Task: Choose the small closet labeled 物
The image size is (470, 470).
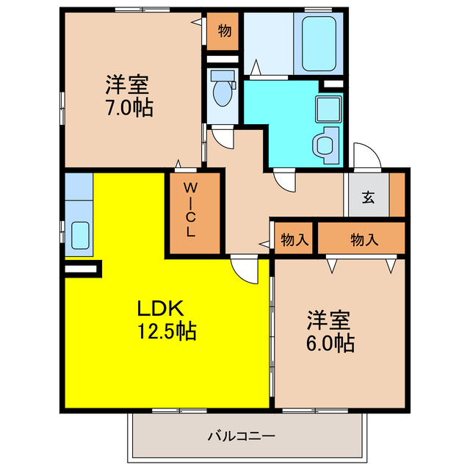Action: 223,32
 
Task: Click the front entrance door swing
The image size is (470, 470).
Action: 365,156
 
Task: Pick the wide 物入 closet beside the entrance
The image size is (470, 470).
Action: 360,238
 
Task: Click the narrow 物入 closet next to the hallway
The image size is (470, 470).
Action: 294,238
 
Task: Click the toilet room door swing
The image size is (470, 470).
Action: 223,137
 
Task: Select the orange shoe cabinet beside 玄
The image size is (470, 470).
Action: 397,195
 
